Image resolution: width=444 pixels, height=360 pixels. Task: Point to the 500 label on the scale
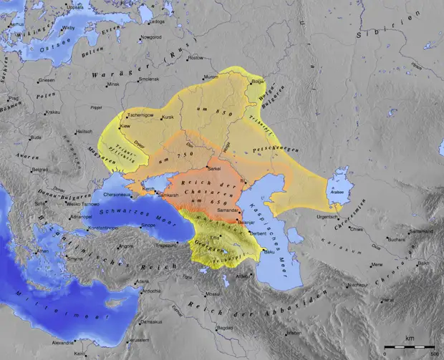(x=434, y=352)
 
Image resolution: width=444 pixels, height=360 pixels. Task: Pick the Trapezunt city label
(x=167, y=245)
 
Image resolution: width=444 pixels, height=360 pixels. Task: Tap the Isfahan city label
(x=293, y=333)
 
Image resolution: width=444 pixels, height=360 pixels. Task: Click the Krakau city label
(x=54, y=112)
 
